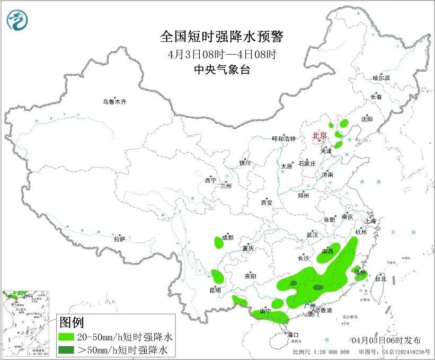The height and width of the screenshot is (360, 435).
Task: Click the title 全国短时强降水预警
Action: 222,37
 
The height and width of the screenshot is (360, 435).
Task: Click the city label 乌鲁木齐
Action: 115,101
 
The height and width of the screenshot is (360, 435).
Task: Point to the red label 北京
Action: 319,135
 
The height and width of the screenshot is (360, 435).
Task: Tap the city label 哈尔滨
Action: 381,78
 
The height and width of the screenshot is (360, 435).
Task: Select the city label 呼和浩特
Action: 285,138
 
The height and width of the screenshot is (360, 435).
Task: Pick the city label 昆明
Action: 215,290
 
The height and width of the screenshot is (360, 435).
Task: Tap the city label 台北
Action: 380,278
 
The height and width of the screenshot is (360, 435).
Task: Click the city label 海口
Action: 293,335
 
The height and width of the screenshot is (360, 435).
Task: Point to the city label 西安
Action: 266,203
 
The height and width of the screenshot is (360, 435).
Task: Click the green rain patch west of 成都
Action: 218,243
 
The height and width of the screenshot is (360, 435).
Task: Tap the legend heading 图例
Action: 72,322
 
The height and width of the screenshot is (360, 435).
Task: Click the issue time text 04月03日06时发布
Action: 386,340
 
